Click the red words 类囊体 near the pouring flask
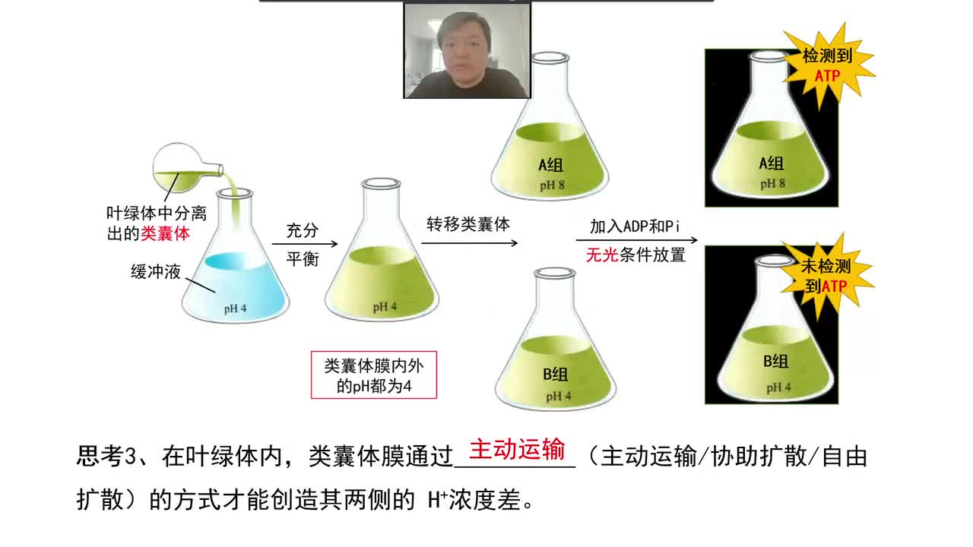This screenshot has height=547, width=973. coord(165,234)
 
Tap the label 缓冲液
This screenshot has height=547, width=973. coord(155,271)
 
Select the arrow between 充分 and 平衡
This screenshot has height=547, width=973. coord(301,245)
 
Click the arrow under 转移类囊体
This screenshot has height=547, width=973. coord(469,243)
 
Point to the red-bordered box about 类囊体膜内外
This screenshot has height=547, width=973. coord(374,375)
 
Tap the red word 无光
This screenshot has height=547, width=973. coord(601,255)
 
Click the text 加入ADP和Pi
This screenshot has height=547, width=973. coord(633,226)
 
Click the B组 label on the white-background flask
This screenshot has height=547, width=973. coord(555,374)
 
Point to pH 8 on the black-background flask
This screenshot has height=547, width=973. coord(772,184)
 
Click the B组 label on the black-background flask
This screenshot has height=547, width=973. coord(775,362)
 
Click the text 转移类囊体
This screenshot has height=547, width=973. coord(467,225)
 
